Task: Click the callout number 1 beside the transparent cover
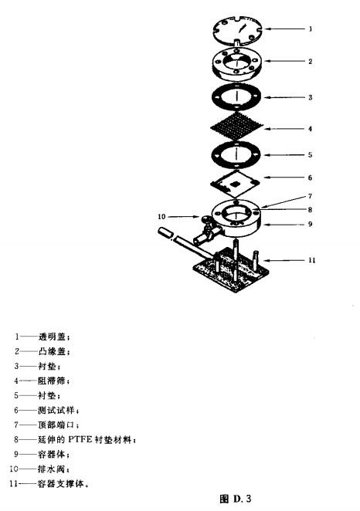pyautogui.click(x=311, y=29)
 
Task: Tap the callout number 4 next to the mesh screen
pyautogui.click(x=310, y=129)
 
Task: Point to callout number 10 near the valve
pyautogui.click(x=161, y=216)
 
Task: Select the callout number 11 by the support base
pyautogui.click(x=312, y=260)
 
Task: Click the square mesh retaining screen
pyautogui.click(x=237, y=126)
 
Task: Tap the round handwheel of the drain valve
pyautogui.click(x=205, y=220)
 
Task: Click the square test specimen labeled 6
pyautogui.click(x=235, y=184)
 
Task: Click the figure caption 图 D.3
pyautogui.click(x=236, y=499)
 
